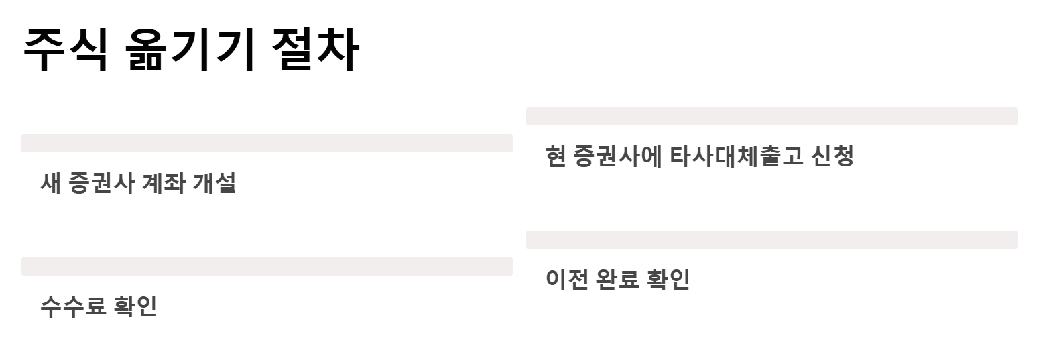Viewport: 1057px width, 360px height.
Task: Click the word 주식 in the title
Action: [65, 50]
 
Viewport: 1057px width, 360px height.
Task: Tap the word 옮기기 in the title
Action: [190, 50]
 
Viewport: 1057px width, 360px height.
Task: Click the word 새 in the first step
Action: [51, 183]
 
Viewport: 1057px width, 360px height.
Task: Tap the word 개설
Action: [214, 183]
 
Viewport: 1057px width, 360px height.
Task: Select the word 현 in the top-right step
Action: [556, 156]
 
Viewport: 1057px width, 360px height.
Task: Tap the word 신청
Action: [832, 156]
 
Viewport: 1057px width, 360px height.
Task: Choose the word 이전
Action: [566, 279]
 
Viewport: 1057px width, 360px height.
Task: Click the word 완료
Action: [617, 279]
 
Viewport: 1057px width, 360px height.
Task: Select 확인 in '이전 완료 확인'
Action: [668, 279]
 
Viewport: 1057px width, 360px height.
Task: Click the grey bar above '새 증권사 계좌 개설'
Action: [267, 143]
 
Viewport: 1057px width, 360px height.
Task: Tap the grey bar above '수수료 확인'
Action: [267, 266]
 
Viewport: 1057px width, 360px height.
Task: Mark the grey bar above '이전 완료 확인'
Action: [771, 239]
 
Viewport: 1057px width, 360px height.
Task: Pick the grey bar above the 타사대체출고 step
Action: [771, 116]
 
